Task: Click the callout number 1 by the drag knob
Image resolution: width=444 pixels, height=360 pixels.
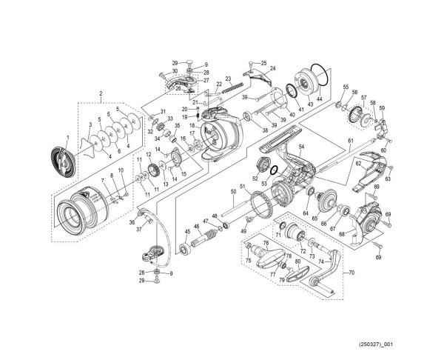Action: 67,138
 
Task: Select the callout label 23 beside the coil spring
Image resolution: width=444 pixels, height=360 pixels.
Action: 229,79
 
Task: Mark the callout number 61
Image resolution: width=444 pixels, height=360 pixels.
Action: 351,141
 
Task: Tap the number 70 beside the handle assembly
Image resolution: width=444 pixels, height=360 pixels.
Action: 351,272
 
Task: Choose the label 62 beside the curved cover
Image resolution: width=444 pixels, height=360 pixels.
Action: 358,162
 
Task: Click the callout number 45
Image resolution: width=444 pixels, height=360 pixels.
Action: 187,232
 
